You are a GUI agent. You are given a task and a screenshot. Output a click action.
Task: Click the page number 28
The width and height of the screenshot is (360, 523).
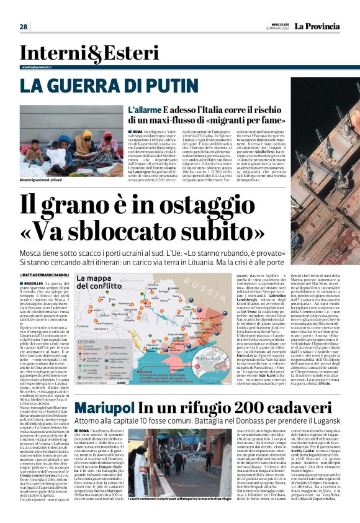(24, 27)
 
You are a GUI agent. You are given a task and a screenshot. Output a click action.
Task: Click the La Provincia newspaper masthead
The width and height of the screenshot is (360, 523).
(317, 25)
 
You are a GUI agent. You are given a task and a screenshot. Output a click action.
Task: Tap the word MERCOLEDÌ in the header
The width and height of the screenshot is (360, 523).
(276, 22)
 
